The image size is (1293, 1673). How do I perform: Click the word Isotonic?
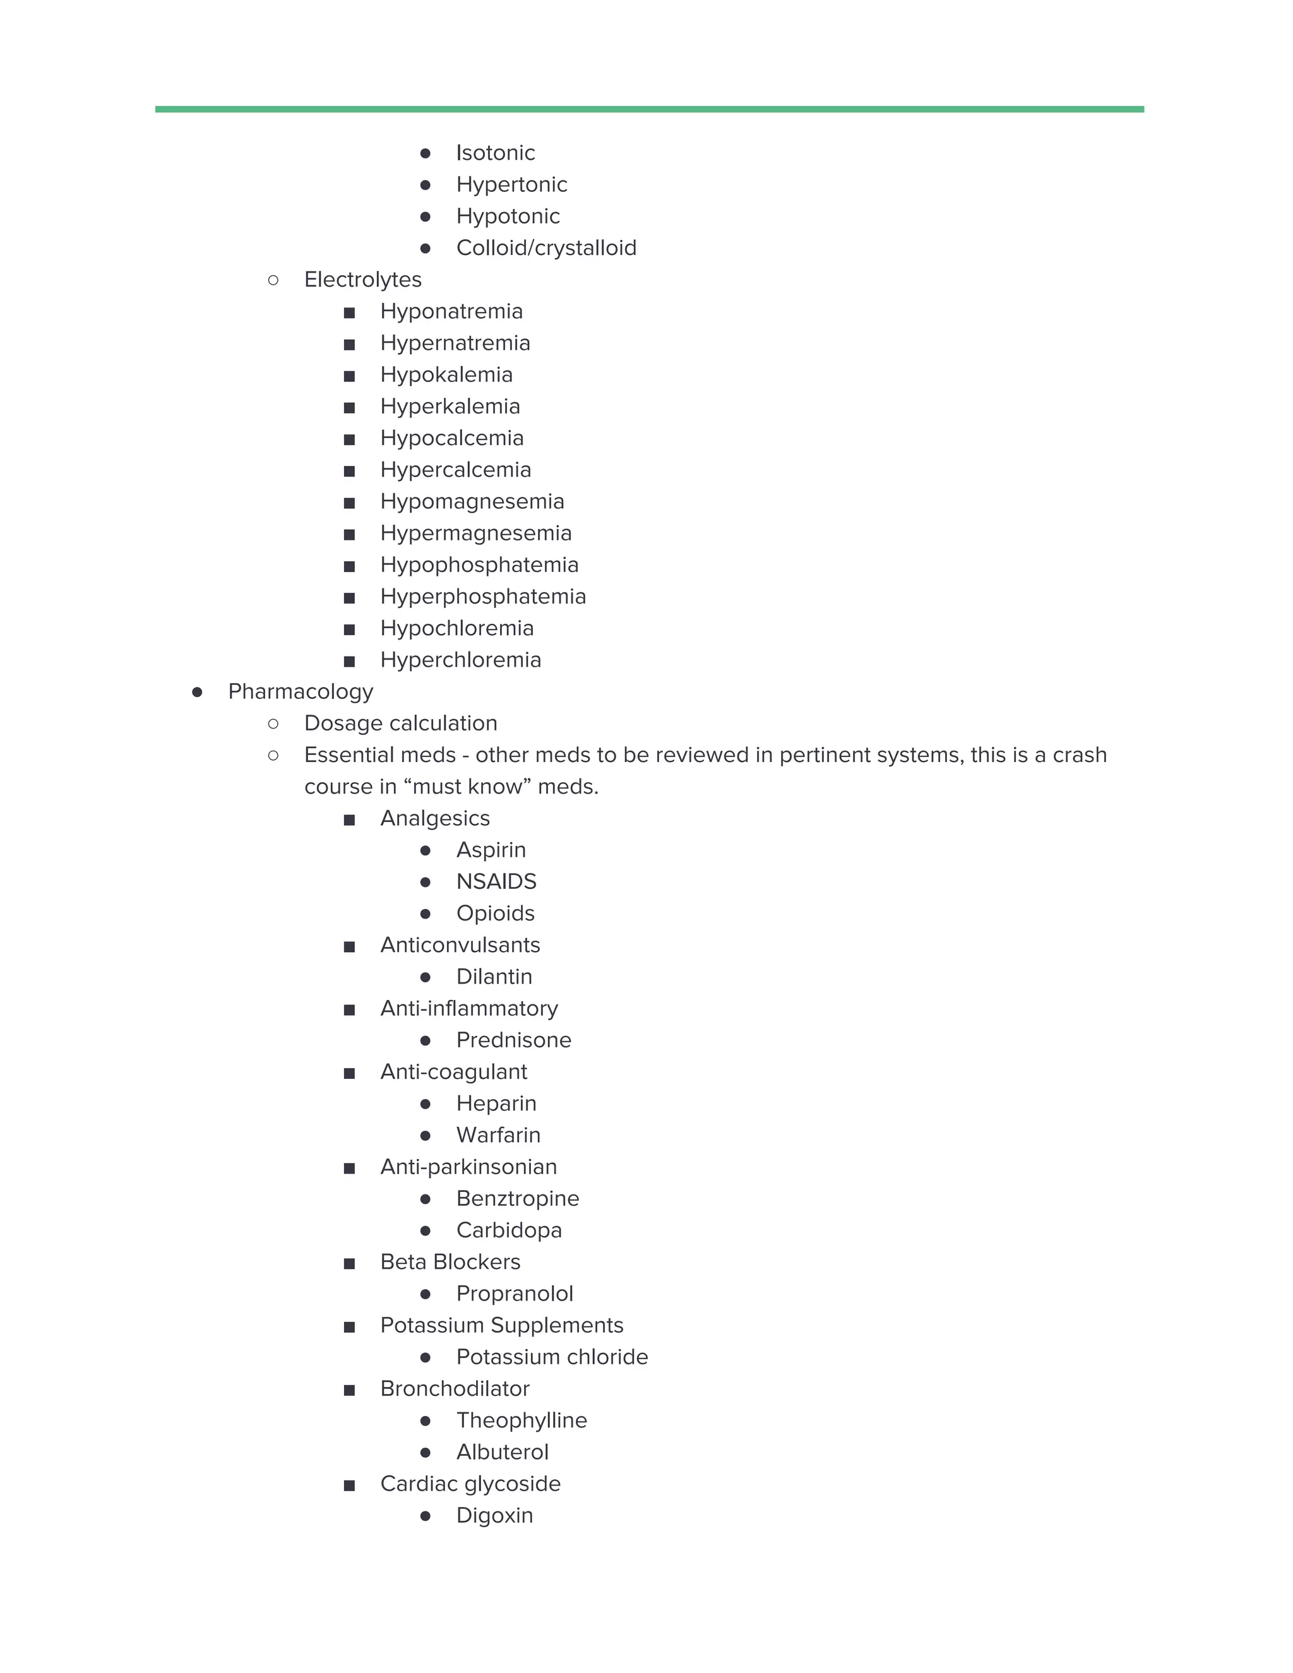pos(495,153)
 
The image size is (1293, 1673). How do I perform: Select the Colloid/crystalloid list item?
pos(545,248)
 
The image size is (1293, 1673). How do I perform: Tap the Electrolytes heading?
pos(362,280)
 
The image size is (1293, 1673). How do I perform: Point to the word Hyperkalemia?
pos(450,407)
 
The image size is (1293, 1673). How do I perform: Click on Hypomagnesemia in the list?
pos(472,502)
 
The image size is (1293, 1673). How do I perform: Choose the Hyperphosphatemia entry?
pos(482,597)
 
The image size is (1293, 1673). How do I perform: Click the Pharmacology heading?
pos(301,692)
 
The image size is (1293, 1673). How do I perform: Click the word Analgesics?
pos(434,819)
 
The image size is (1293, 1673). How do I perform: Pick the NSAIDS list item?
pos(496,882)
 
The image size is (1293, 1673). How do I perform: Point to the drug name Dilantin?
pos(493,977)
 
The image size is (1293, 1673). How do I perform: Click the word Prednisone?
pos(513,1040)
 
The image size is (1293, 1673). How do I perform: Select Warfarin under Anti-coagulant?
pos(498,1135)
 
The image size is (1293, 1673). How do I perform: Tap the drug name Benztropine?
pos(517,1199)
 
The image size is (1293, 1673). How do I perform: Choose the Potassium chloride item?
pos(552,1357)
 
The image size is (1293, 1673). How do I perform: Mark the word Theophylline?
pos(521,1420)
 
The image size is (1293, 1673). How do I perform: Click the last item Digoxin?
pos(494,1515)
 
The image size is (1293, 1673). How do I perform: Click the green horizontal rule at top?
pos(649,110)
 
